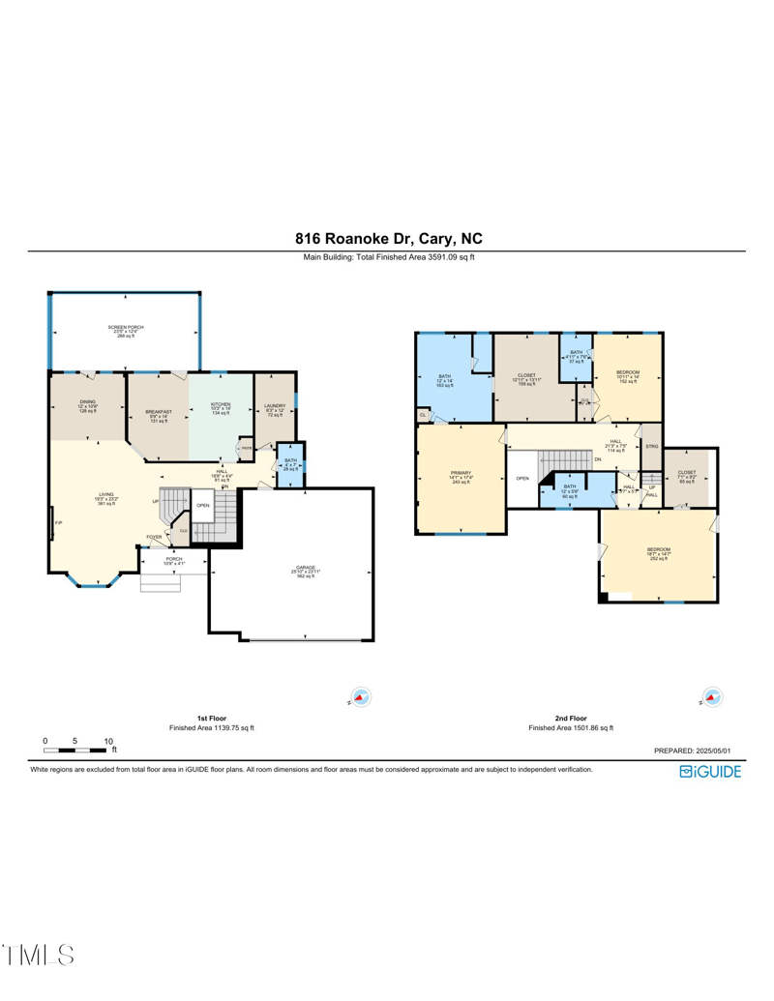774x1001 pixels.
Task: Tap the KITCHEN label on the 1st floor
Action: pyautogui.click(x=221, y=408)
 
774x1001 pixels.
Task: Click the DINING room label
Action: pyautogui.click(x=87, y=408)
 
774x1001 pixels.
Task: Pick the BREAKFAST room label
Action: pyautogui.click(x=159, y=415)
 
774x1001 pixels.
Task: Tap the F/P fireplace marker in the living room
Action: pyautogui.click(x=58, y=523)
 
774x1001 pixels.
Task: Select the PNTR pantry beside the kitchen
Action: pyautogui.click(x=247, y=448)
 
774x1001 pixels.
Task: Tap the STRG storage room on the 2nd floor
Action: pyautogui.click(x=652, y=447)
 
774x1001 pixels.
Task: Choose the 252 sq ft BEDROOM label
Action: pyautogui.click(x=658, y=553)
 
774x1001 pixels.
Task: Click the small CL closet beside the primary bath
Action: pyautogui.click(x=424, y=415)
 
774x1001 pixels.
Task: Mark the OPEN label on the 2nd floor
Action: pyautogui.click(x=522, y=479)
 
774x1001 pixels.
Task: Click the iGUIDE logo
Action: pyautogui.click(x=710, y=771)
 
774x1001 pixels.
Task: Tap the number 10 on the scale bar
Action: pyautogui.click(x=108, y=741)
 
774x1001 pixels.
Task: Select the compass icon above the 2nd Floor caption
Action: pyautogui.click(x=712, y=696)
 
